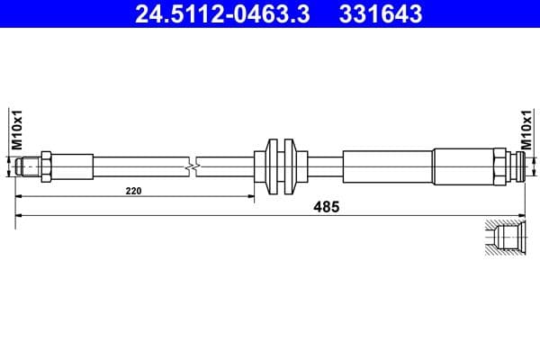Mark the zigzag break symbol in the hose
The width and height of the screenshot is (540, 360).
tap(192, 167)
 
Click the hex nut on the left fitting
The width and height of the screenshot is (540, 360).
tap(45, 166)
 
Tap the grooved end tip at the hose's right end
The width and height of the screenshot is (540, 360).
tap(515, 166)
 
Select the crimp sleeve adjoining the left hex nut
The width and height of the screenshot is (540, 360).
tap(73, 166)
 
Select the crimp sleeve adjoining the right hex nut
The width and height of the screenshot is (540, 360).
tap(463, 166)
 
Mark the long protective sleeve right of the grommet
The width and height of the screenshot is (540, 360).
tap(387, 166)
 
